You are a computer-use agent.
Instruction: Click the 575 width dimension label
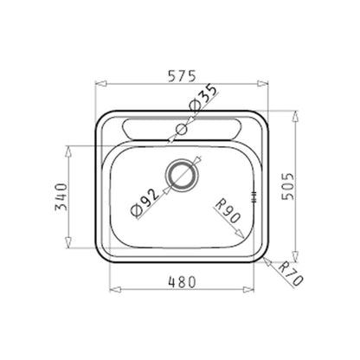click(x=182, y=76)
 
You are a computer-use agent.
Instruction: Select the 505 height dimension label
click(x=287, y=187)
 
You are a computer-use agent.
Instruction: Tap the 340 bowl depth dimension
click(x=61, y=196)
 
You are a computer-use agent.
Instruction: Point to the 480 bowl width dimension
click(x=182, y=282)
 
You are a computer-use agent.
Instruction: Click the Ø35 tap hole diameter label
click(x=202, y=98)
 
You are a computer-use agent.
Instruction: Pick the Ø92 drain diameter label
click(x=145, y=202)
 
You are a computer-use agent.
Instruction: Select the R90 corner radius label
click(x=228, y=211)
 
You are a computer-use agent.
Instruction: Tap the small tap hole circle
click(x=182, y=129)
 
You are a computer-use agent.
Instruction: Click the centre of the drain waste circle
click(x=182, y=175)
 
